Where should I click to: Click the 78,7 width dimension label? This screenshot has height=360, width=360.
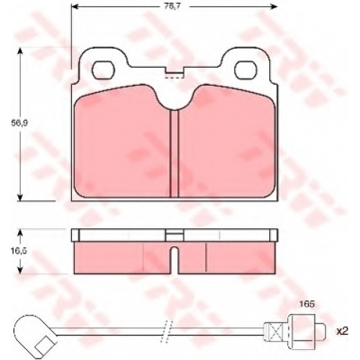(x=172, y=6)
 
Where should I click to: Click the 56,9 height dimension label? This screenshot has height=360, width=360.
(x=19, y=123)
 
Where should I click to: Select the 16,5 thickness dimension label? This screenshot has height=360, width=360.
(x=19, y=251)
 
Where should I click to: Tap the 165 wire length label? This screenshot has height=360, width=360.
(x=307, y=305)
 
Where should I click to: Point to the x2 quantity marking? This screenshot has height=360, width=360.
(x=342, y=331)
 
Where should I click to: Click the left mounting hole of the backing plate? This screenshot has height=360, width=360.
(x=104, y=70)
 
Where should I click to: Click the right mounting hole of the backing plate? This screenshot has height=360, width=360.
(x=246, y=70)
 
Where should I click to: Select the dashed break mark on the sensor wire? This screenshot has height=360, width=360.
(x=167, y=331)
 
